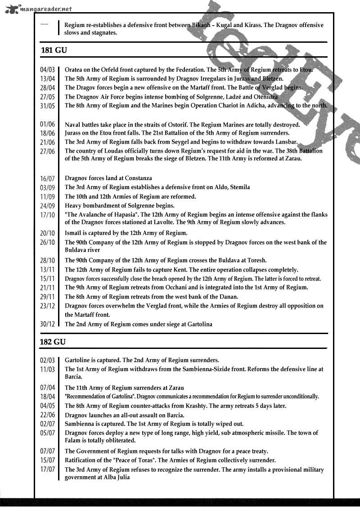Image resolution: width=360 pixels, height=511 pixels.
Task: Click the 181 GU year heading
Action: coord(54,50)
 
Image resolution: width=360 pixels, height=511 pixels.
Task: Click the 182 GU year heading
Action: coord(54,342)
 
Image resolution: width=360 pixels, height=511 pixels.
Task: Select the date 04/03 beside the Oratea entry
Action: coord(47,70)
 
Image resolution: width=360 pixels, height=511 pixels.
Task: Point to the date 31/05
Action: coord(47,106)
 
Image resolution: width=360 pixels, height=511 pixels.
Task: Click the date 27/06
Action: coord(47,151)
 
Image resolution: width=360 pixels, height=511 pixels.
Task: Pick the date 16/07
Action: coord(47,179)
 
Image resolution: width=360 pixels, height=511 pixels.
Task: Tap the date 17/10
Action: coord(47,215)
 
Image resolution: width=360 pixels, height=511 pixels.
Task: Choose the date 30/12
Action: coord(47,324)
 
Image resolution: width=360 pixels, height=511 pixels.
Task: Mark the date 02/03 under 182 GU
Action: coord(47,361)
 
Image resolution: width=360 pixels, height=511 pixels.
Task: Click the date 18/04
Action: coord(47,397)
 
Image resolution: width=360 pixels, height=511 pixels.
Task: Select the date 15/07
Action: coord(47,461)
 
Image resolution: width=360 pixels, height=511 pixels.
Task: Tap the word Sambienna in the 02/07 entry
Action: coord(80,424)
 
